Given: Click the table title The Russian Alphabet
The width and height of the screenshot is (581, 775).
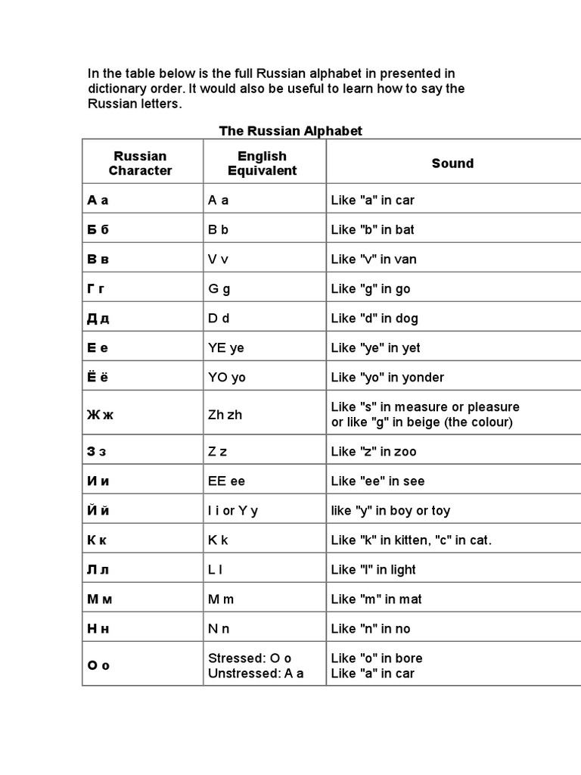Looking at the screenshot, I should pos(290,131).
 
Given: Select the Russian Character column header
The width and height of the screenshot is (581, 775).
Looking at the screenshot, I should pos(140,163).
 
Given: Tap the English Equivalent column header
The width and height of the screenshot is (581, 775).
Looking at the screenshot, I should pos(262,163).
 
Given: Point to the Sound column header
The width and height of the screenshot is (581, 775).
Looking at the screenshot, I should pos(452,163).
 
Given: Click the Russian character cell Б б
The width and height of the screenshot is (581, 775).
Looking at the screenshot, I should pos(98,229).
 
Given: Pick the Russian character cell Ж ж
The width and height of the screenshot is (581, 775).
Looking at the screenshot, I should pos(101,415).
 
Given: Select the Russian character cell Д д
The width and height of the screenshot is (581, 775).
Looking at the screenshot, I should pos(98,319).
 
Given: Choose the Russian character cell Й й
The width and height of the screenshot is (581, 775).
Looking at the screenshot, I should pos(99,511).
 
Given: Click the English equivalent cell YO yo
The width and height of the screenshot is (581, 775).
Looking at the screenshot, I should pos(227,378).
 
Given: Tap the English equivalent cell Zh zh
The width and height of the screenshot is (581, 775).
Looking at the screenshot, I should pos(225,415).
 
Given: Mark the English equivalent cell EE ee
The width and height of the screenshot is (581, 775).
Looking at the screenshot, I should pos(226,481).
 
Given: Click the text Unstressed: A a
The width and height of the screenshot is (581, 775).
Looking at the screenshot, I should pos(256,674).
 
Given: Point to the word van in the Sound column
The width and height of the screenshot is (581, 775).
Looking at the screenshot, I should pos(405,260).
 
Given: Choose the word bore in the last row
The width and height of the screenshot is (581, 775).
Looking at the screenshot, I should pos(409,658).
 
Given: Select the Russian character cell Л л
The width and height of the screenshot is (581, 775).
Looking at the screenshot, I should pos(98,570).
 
